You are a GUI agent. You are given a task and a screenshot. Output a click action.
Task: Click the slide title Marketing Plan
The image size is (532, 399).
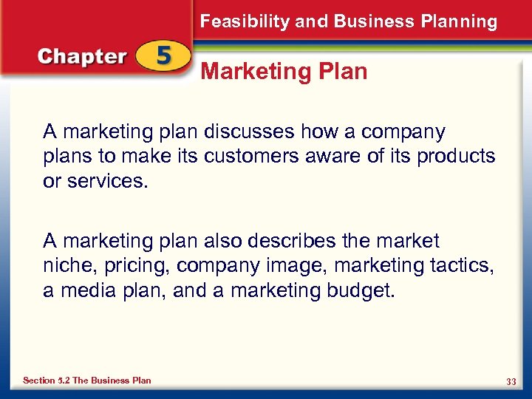(x=284, y=72)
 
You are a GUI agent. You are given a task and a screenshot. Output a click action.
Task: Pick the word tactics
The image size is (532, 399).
(x=464, y=266)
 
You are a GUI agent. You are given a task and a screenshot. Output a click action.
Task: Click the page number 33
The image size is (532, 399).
(x=511, y=381)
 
